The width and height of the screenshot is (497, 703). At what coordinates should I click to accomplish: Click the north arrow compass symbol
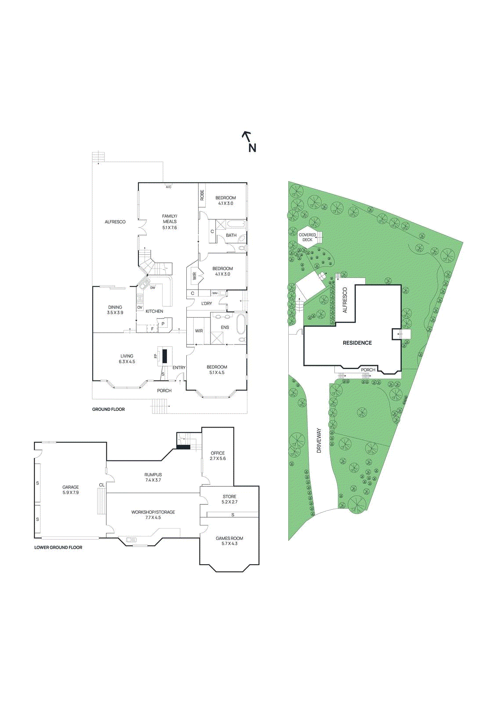click(249, 141)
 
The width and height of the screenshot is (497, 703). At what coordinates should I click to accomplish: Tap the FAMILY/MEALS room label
click(170, 219)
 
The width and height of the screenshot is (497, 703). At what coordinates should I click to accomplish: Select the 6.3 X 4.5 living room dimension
click(127, 362)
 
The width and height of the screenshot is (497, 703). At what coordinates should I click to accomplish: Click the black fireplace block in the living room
click(165, 355)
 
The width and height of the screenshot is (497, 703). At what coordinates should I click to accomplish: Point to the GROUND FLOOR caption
click(108, 409)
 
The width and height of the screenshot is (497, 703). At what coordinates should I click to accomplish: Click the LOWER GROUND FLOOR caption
click(58, 547)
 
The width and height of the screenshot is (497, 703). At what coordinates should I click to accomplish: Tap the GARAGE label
click(70, 487)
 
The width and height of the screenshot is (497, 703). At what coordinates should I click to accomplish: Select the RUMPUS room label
click(153, 475)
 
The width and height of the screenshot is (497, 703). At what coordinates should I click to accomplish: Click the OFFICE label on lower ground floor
click(218, 453)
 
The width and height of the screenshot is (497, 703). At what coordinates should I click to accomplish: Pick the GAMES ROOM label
click(229, 538)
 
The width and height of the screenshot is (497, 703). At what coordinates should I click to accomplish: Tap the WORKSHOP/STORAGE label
click(153, 512)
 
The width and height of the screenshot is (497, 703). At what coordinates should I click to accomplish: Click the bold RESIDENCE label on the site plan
click(357, 343)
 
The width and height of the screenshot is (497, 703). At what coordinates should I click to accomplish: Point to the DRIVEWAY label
click(319, 441)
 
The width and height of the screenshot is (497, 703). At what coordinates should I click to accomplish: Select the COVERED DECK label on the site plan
click(307, 237)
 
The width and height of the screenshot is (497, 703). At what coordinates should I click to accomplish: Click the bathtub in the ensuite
click(241, 324)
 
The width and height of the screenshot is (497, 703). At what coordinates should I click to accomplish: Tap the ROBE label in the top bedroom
click(202, 195)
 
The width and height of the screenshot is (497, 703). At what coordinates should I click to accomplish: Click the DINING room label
click(115, 307)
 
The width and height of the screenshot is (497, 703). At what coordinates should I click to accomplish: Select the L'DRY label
click(207, 303)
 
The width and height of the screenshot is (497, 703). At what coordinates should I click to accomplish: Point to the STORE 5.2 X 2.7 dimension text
click(229, 502)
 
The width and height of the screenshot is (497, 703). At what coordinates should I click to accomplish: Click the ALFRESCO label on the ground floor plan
click(115, 222)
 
